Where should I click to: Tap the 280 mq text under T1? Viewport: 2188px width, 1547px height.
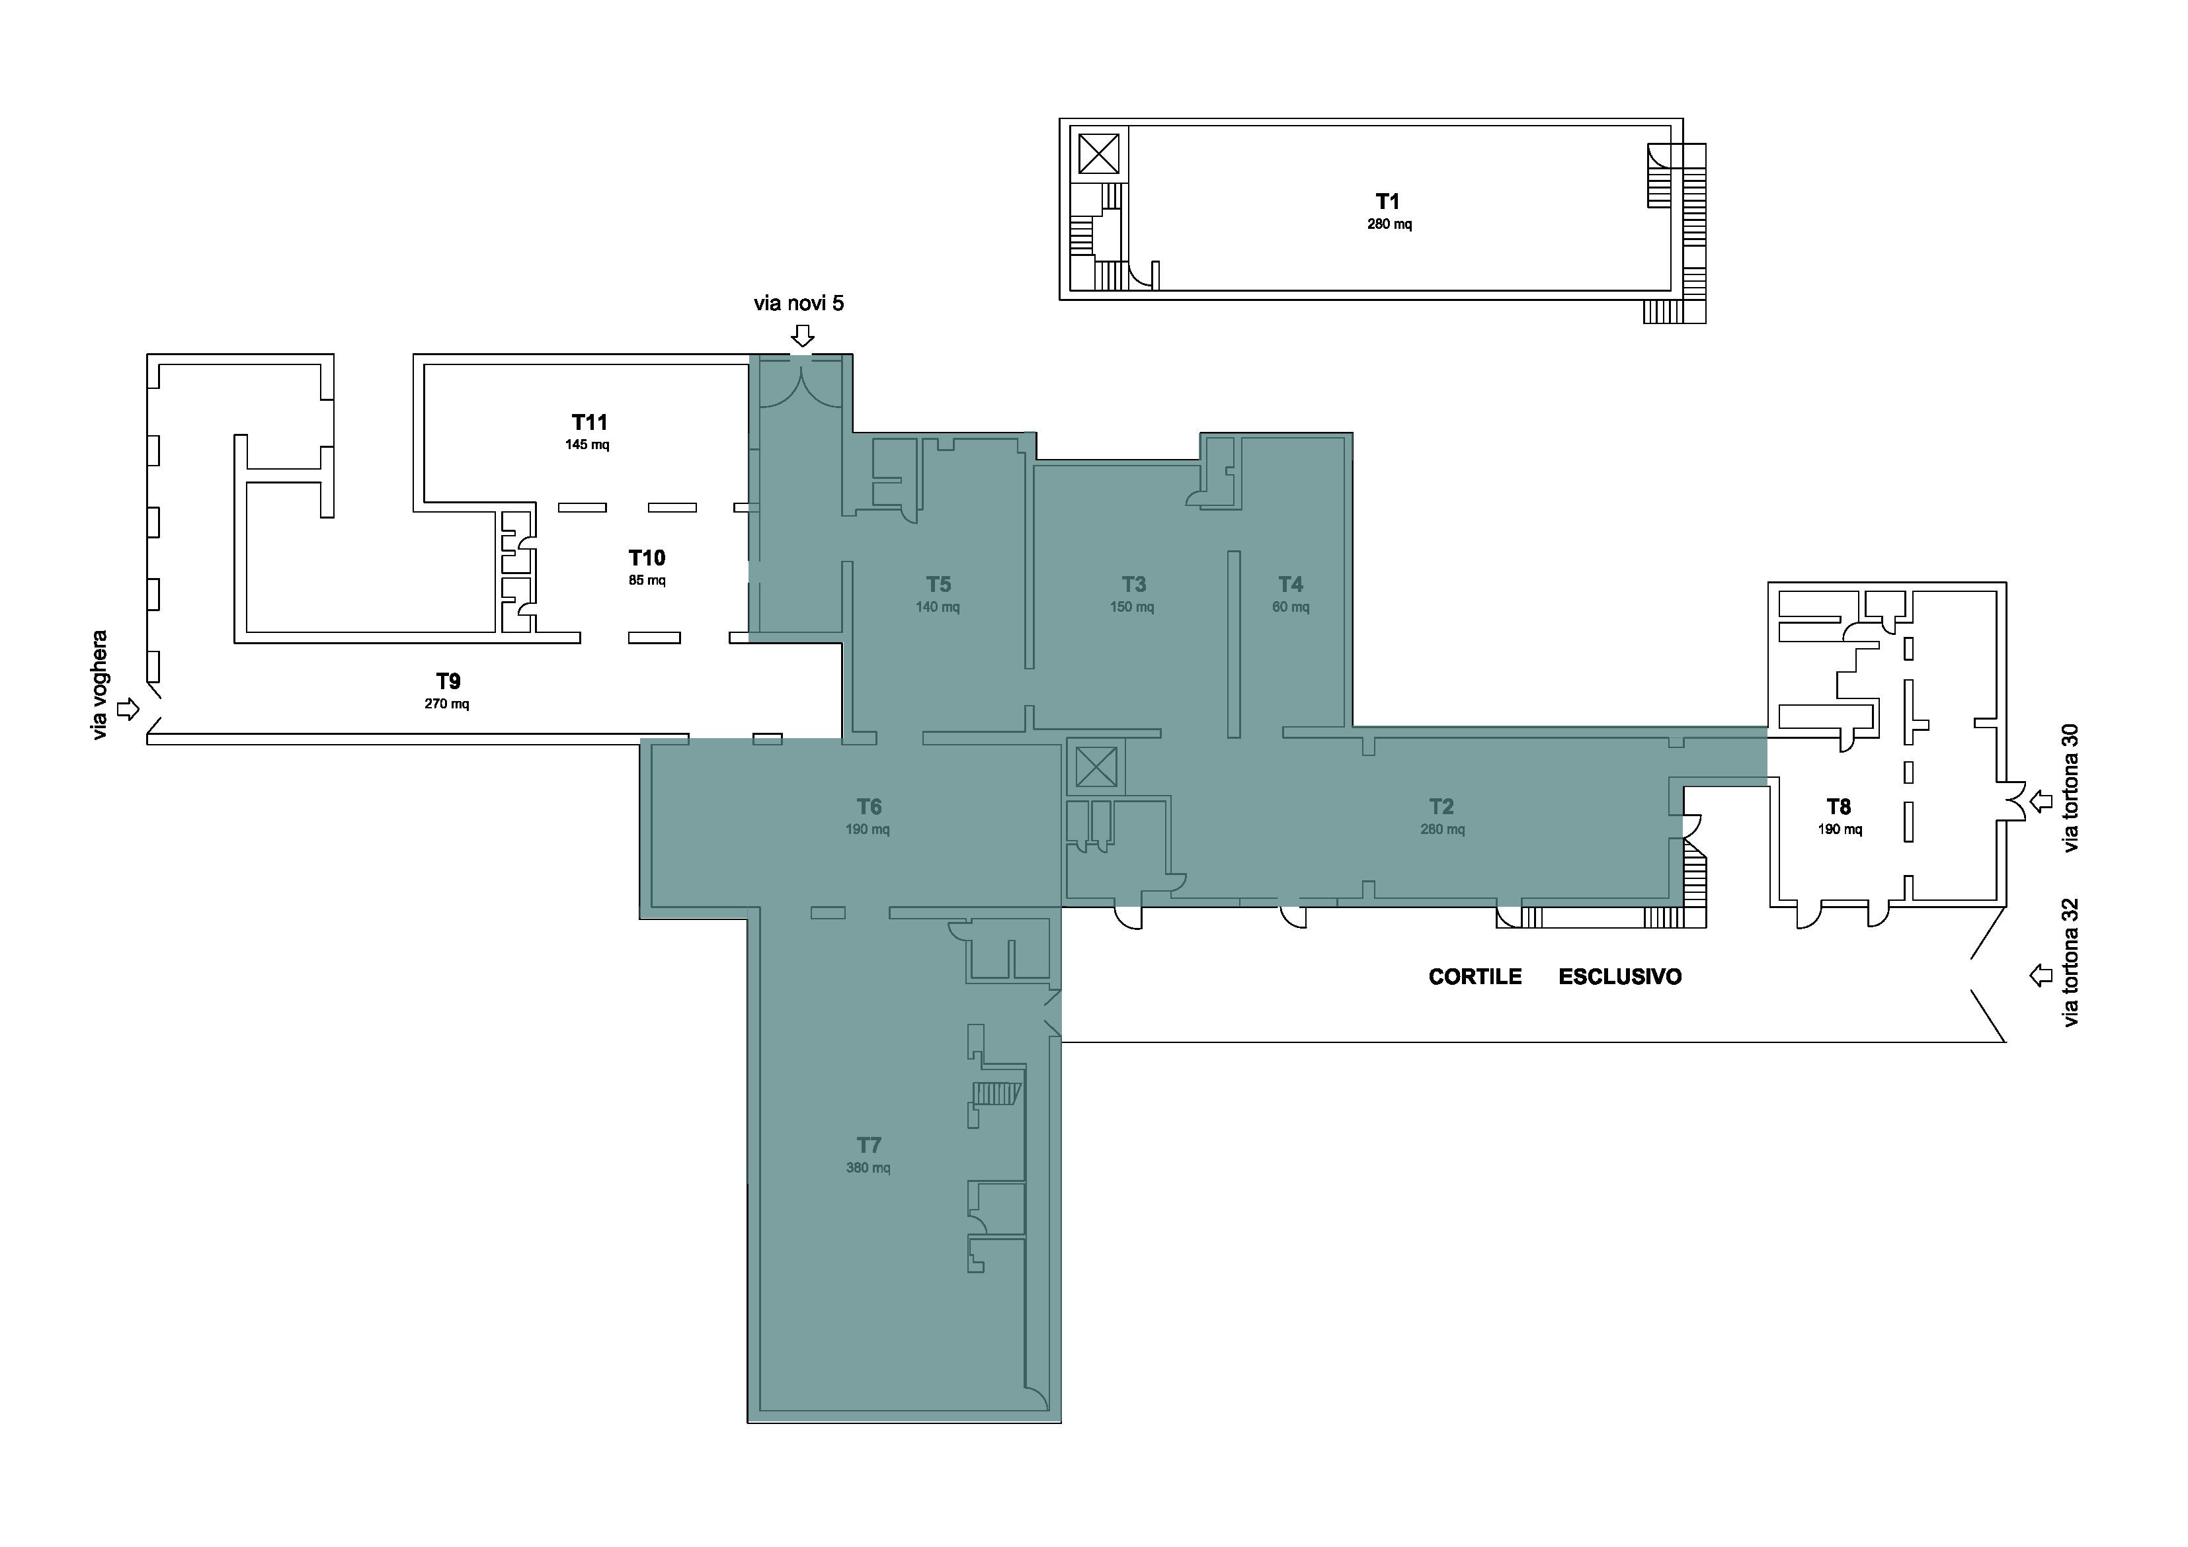pos(1389,225)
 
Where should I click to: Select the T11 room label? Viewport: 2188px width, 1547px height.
pos(589,422)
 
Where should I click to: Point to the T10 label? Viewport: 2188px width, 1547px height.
pos(647,558)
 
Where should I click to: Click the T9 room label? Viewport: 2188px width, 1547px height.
pos(448,681)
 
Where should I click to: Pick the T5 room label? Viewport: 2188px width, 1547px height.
pos(939,584)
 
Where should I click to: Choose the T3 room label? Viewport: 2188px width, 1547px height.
pos(1133,584)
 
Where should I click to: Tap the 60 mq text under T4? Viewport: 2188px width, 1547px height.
pos(1290,607)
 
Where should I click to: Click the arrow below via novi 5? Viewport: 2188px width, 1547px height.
pos(803,335)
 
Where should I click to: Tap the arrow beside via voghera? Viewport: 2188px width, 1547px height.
pos(128,709)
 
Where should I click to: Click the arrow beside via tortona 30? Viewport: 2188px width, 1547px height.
pos(2041,802)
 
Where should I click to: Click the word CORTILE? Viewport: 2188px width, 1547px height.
pos(1475,977)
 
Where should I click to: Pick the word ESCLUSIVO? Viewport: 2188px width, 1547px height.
pos(1620,977)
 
